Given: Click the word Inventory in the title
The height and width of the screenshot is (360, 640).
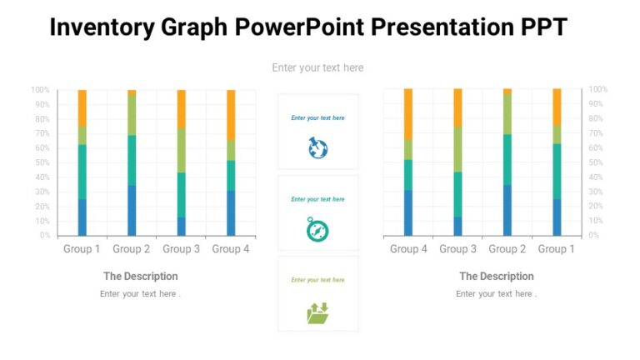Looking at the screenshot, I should point(102,27).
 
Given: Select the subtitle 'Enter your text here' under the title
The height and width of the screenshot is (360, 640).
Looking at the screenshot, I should point(317,67).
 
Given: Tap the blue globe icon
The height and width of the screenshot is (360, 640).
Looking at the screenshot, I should point(317,148).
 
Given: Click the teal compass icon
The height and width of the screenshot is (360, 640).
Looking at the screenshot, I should point(317,229).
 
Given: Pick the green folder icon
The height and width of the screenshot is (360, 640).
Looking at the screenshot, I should point(317,312).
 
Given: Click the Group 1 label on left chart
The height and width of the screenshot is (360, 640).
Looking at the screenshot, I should point(82,249).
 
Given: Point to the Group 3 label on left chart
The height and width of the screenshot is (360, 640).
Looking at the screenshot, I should point(181,249).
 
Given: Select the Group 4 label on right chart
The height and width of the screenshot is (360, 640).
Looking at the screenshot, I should point(407,249).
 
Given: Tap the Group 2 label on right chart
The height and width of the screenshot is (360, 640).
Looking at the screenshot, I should point(507,249).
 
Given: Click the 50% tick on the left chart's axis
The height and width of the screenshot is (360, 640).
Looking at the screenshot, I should point(40,162).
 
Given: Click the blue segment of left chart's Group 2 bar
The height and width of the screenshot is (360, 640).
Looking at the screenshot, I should point(132,211).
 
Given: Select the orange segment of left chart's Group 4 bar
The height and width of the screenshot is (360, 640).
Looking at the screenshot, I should point(231,114).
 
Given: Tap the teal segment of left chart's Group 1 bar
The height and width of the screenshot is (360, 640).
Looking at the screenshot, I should point(82,171).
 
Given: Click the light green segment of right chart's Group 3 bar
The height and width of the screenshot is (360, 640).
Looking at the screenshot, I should point(457,149).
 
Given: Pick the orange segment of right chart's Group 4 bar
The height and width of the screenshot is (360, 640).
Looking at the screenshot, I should point(408,114).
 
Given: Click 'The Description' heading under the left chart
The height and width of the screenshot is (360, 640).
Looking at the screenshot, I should point(140,277).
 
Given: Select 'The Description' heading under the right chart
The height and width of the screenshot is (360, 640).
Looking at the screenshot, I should point(497,277).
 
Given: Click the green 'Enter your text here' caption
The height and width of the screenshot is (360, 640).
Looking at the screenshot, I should point(317,280).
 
